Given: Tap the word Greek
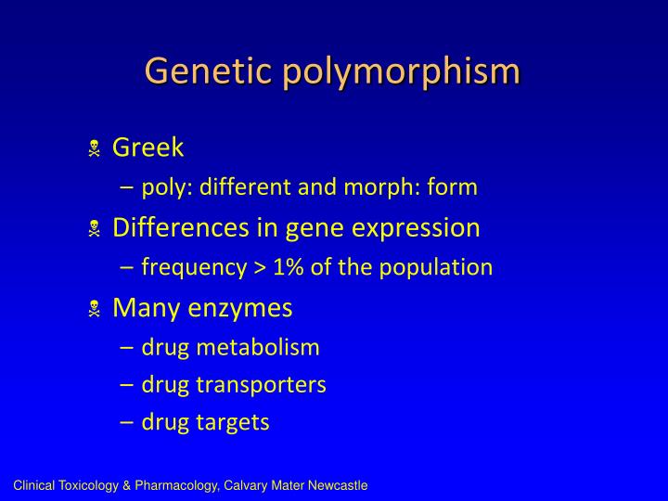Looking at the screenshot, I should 148,148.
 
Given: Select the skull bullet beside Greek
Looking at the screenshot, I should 94,148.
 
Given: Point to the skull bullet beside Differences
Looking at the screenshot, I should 94,228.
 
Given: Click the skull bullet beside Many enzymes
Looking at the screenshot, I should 94,309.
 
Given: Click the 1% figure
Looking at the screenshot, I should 290,268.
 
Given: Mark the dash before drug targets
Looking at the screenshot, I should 127,423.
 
